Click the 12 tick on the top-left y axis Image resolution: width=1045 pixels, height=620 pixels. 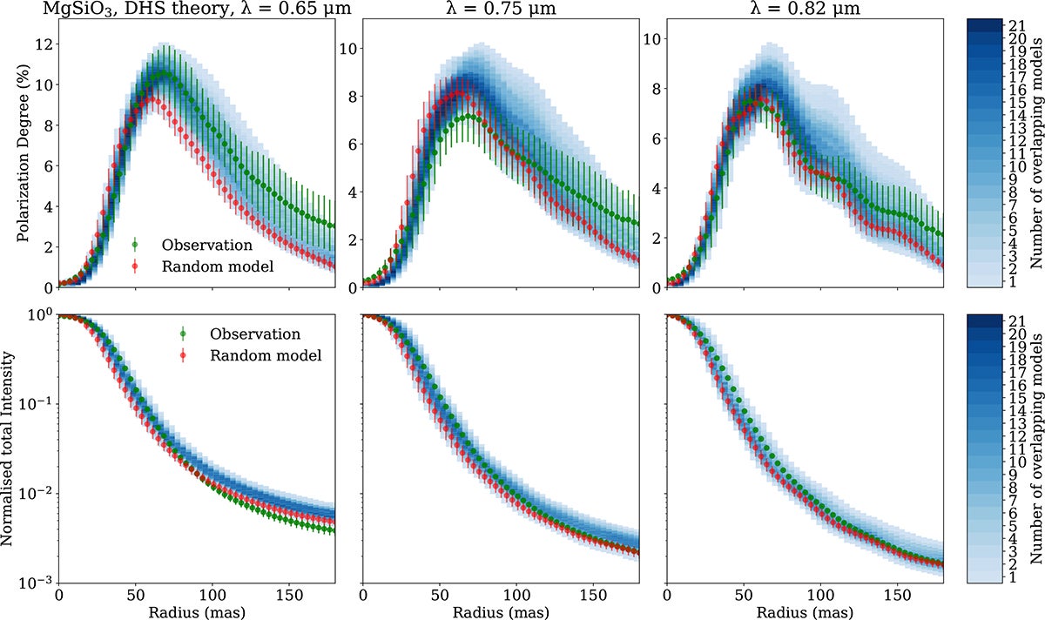(x=42, y=44)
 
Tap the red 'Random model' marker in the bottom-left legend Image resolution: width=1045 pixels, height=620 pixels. (x=183, y=355)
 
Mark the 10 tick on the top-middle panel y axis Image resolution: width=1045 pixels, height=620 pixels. (x=346, y=48)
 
